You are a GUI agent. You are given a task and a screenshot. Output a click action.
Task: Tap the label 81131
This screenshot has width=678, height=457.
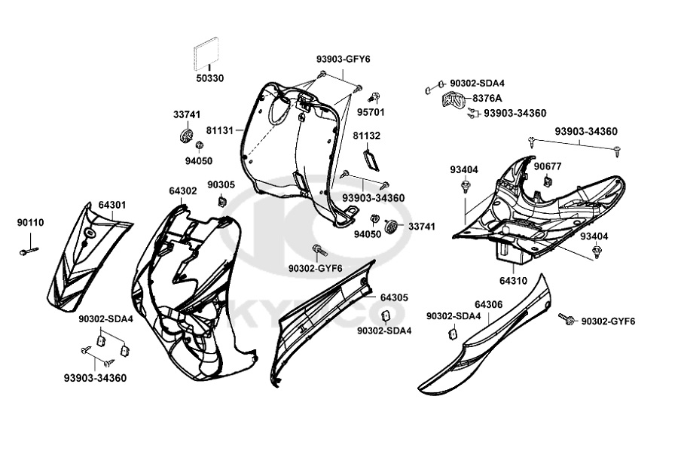point(221,130)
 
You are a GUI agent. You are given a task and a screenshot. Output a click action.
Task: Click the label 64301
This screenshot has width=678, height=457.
point(111,205)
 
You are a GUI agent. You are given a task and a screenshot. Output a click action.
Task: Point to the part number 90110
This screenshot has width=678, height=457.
point(31,222)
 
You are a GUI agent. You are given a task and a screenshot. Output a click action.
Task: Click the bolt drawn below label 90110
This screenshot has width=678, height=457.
point(30,252)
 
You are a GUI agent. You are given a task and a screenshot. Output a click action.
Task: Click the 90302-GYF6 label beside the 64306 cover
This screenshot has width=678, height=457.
point(609,321)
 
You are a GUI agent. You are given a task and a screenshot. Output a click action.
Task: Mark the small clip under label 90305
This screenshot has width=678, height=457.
point(223,201)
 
